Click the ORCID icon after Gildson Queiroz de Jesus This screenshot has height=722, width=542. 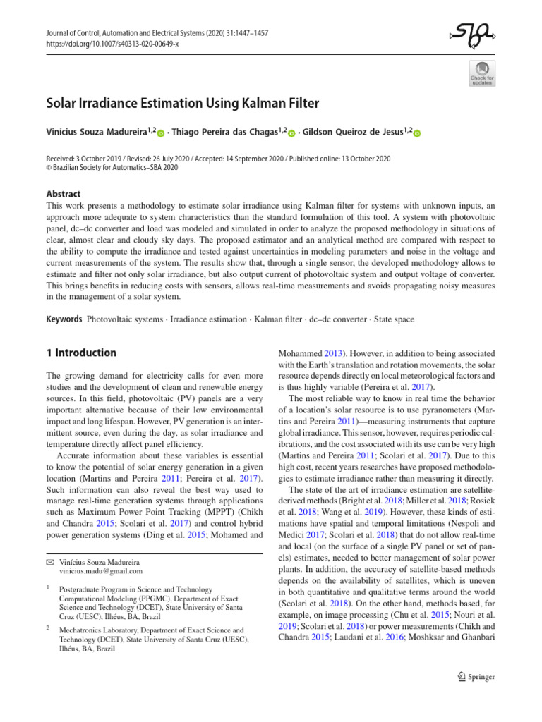(x=416, y=134)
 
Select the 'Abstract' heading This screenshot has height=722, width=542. (x=62, y=194)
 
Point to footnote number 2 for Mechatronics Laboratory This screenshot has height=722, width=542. (x=47, y=626)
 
